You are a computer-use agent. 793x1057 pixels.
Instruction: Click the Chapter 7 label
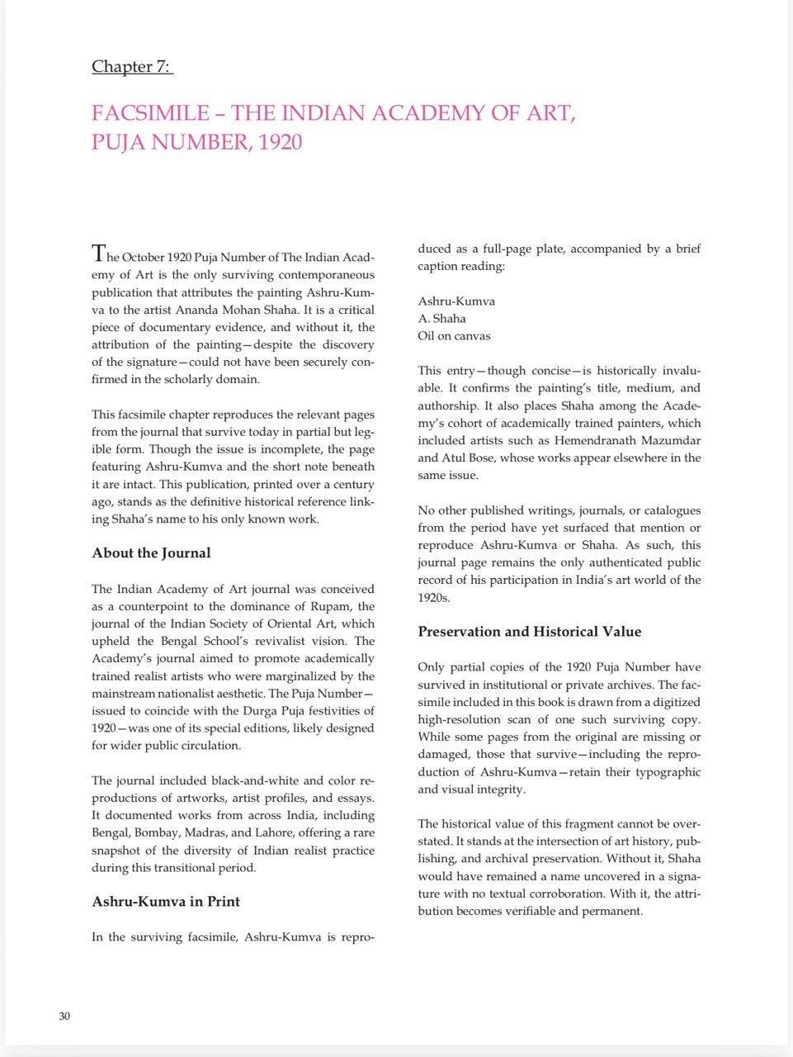coord(132,67)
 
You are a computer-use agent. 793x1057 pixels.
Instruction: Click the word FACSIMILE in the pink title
coord(151,113)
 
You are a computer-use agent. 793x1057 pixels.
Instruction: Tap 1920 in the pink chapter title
coord(280,142)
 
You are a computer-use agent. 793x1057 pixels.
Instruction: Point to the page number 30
coord(64,1016)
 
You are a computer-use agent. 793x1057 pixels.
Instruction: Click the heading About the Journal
coord(151,553)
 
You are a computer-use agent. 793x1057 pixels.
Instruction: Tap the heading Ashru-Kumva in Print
coord(166,902)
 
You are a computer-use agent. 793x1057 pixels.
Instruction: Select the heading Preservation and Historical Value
coord(529,632)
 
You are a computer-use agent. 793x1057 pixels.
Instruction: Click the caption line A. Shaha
coord(441,319)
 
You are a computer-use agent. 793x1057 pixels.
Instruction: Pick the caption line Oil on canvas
coord(454,336)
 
